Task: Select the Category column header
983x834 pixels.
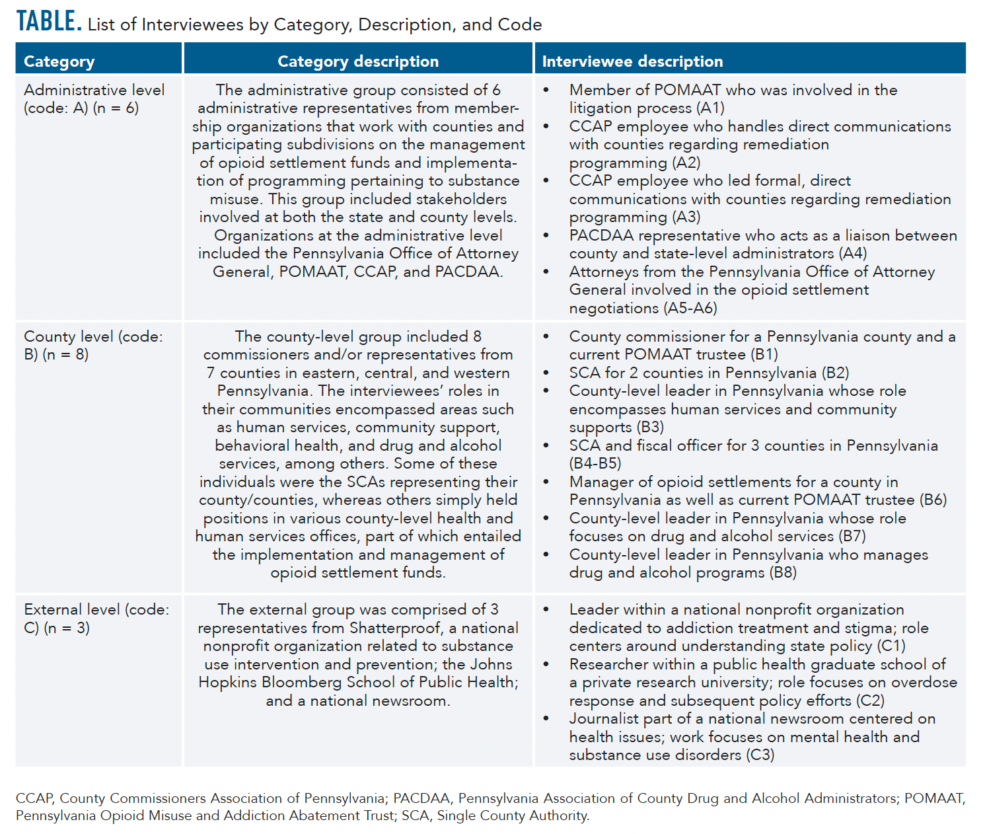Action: tap(59, 61)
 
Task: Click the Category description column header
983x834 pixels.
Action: tap(357, 61)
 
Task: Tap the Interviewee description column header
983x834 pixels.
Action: tap(632, 61)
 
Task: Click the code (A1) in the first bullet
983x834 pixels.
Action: tap(710, 108)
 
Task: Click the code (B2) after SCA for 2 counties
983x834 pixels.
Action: tap(836, 373)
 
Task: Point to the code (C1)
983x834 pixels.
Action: tap(891, 646)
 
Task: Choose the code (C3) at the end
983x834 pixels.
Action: tap(760, 755)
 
